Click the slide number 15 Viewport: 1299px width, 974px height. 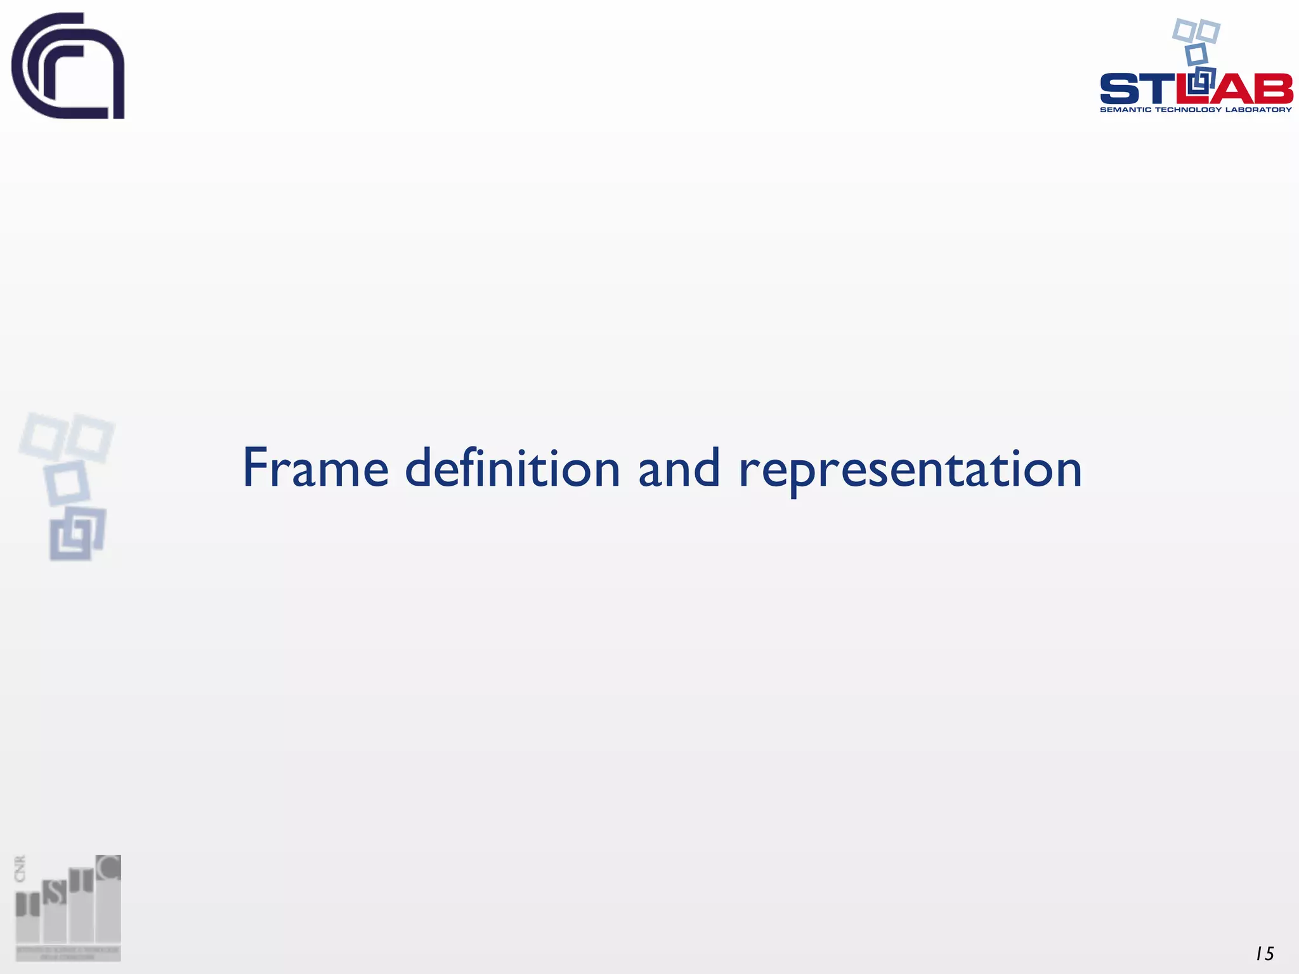1265,954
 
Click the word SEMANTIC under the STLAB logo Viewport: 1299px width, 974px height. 1126,110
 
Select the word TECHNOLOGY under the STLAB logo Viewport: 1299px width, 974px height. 1188,110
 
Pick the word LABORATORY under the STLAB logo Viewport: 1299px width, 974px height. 1258,110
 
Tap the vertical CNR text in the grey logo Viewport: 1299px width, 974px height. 20,869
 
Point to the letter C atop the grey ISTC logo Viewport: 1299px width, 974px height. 109,867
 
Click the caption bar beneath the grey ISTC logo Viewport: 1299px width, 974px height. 68,953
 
